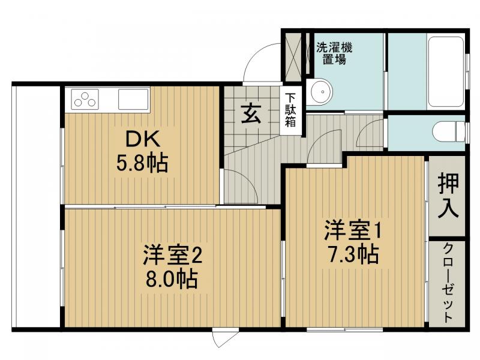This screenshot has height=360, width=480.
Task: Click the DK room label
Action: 143,139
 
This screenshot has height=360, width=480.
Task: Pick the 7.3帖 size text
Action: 353,255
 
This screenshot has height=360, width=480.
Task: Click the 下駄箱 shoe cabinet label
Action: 290,109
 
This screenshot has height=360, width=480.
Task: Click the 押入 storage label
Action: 448,196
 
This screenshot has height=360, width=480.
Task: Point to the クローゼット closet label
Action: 448,283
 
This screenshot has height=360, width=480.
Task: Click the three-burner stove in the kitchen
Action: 85,98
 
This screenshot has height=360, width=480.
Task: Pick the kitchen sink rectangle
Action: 131,98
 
